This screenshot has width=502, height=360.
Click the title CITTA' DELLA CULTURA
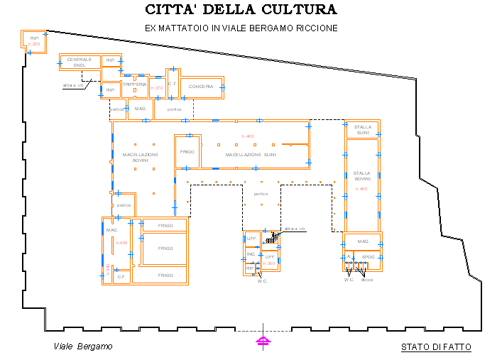click(x=241, y=10)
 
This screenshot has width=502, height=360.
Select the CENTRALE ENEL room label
click(x=80, y=62)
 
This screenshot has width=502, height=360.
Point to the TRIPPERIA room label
click(x=134, y=84)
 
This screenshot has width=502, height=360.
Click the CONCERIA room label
click(x=201, y=87)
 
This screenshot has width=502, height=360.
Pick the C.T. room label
click(x=172, y=84)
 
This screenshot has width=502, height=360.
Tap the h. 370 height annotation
click(x=157, y=88)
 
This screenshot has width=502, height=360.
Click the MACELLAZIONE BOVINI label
click(x=140, y=157)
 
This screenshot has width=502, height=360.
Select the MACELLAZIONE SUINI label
click(x=251, y=154)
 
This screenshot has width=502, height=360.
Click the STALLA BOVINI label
click(x=362, y=175)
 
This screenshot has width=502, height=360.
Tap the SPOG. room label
click(x=368, y=256)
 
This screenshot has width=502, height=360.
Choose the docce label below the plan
click(x=367, y=280)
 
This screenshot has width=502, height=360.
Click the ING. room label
click(x=251, y=253)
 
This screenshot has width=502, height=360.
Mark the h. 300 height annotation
click(x=269, y=263)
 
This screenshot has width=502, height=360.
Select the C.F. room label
click(x=121, y=276)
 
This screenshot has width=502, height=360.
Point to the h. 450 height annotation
click(x=121, y=243)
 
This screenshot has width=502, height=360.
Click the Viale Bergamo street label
click(x=84, y=347)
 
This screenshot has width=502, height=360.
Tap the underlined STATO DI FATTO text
click(x=436, y=347)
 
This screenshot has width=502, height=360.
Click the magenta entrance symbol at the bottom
click(x=263, y=341)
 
